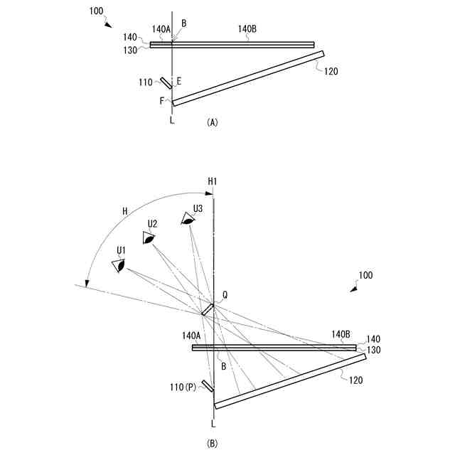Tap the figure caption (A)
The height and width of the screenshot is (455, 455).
(212, 122)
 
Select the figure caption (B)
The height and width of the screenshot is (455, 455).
(212, 444)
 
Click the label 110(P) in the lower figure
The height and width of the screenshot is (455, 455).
(183, 388)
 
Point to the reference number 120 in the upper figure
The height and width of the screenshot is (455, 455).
(331, 71)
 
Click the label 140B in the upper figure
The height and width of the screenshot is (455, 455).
(247, 29)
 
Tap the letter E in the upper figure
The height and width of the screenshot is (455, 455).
(179, 81)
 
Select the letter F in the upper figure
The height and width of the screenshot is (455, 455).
(162, 101)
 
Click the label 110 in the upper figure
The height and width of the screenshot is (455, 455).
(146, 82)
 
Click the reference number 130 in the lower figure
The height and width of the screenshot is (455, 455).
(373, 349)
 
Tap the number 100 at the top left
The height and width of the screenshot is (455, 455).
(99, 13)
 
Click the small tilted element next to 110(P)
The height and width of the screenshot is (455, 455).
(208, 385)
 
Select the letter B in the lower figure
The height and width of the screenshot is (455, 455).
(223, 367)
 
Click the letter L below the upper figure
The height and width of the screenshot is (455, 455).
(171, 121)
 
